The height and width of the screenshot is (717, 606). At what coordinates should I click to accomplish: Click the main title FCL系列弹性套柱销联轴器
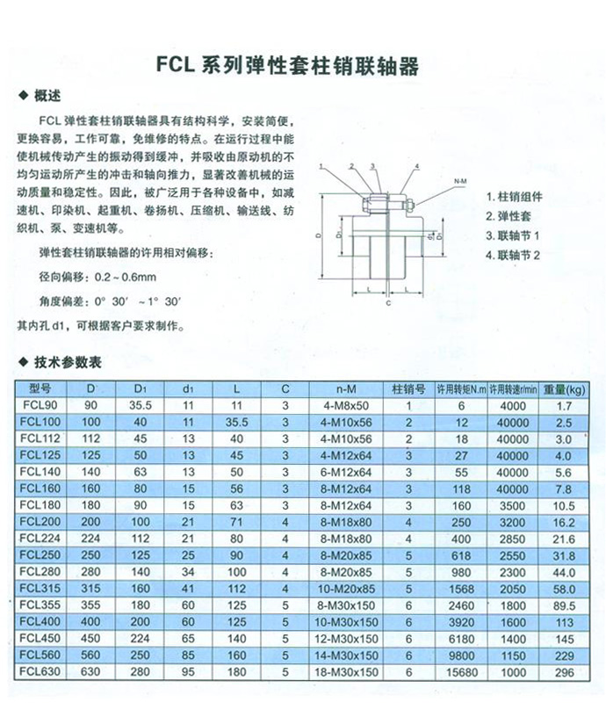285,65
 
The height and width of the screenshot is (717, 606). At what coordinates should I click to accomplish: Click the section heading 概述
47,96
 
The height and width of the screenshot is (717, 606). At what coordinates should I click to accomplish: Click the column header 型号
41,387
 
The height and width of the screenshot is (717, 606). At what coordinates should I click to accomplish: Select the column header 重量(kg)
563,387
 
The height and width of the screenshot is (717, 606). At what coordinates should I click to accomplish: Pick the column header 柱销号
408,387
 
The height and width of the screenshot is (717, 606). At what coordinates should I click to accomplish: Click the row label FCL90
41,405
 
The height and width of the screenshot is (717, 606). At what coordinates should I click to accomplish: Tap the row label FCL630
41,672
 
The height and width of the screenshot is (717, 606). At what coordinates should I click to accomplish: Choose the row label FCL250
41,555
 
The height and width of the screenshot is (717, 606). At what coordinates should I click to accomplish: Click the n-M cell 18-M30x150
345,672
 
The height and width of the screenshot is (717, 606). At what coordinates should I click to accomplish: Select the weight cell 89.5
563,605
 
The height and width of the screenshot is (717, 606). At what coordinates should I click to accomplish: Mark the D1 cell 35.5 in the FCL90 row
141,405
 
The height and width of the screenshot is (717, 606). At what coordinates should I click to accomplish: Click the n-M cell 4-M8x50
345,405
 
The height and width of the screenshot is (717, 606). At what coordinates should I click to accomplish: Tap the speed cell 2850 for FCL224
513,538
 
